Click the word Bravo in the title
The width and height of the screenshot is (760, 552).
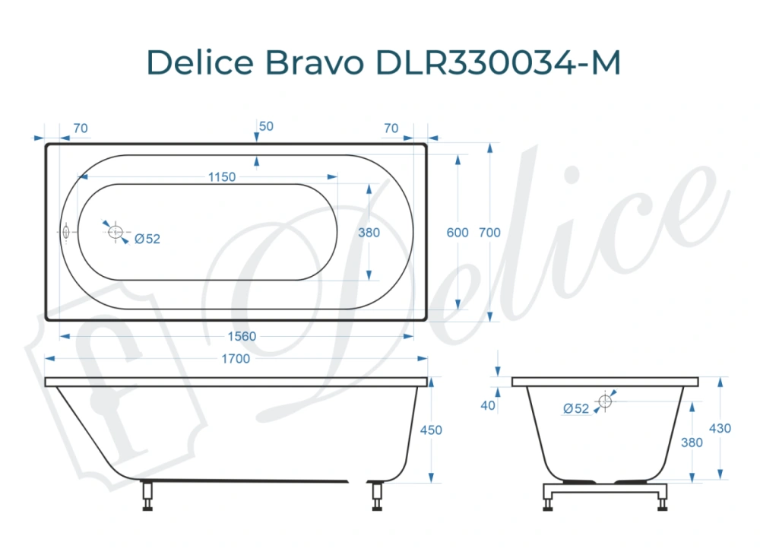coord(313,64)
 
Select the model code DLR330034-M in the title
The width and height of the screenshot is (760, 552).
coord(498,64)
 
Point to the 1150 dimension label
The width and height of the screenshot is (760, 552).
coord(222,177)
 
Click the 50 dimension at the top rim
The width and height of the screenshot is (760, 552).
coord(266,127)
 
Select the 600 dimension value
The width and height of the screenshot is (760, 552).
coord(458,233)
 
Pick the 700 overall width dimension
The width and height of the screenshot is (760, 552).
coord(490,233)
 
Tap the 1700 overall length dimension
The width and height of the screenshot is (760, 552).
coord(236,359)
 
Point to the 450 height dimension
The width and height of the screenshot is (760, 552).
coord(431,430)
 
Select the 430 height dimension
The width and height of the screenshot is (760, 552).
coord(720,429)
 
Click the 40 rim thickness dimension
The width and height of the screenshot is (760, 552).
coord(488,405)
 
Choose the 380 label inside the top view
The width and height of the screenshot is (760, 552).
coord(369,233)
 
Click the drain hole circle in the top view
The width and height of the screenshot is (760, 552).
coord(116,232)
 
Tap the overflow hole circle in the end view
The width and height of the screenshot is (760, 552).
coord(605,401)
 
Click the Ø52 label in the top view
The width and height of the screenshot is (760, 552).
coord(147,239)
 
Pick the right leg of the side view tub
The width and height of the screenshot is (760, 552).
coord(376,495)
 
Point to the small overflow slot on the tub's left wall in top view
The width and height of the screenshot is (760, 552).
coord(66,232)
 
